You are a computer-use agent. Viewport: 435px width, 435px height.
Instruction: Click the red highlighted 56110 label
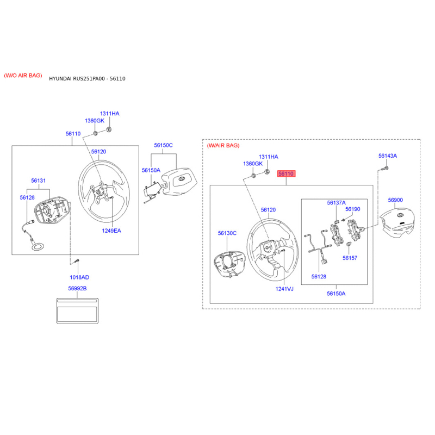[286, 173]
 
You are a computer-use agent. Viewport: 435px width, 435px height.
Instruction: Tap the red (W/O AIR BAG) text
[23, 76]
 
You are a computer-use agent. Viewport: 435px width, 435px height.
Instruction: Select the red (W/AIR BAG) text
[223, 145]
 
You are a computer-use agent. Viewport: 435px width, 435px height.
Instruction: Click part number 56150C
[163, 145]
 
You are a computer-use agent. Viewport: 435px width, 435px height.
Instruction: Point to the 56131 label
[38, 181]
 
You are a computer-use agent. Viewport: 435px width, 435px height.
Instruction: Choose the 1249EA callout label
[111, 231]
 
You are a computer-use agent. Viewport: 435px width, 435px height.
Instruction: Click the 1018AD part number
[79, 277]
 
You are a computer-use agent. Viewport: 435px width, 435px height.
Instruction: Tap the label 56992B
[77, 289]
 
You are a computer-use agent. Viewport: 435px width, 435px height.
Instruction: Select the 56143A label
[388, 156]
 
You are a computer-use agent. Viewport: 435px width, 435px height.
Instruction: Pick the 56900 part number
[395, 200]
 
